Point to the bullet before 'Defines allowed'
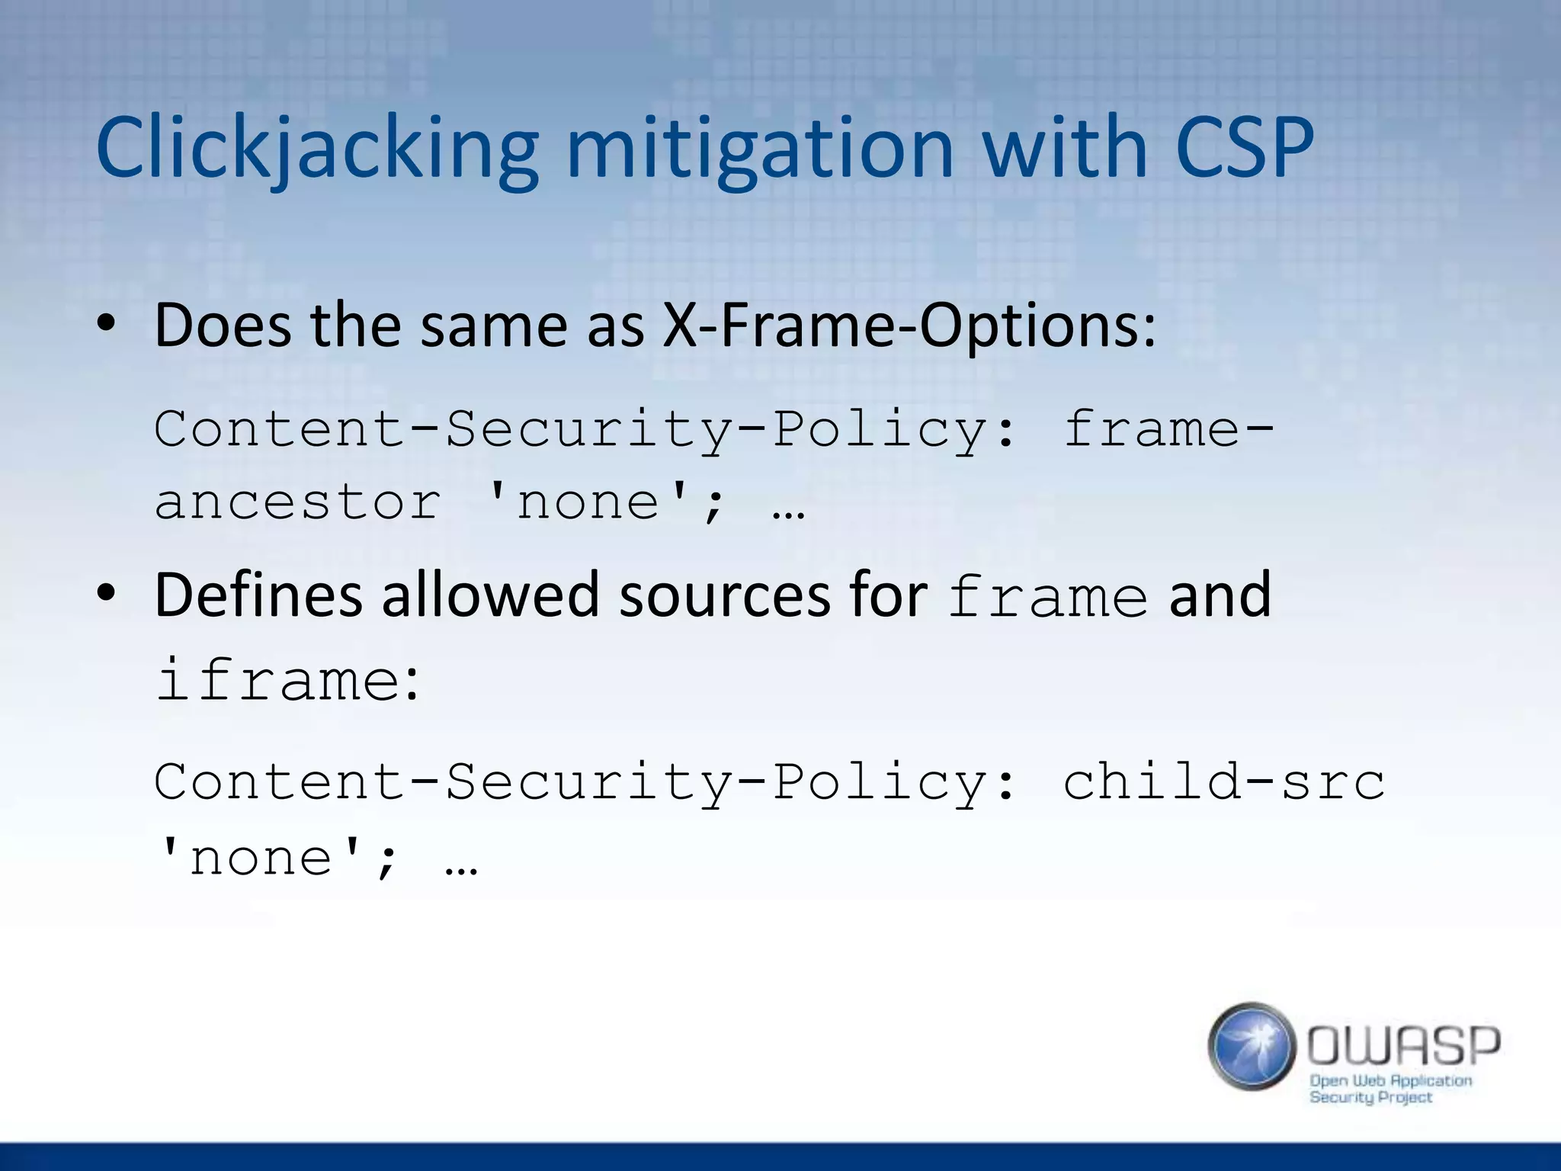106,595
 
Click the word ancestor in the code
297,503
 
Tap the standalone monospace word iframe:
287,680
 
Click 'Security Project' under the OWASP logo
1370,1098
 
